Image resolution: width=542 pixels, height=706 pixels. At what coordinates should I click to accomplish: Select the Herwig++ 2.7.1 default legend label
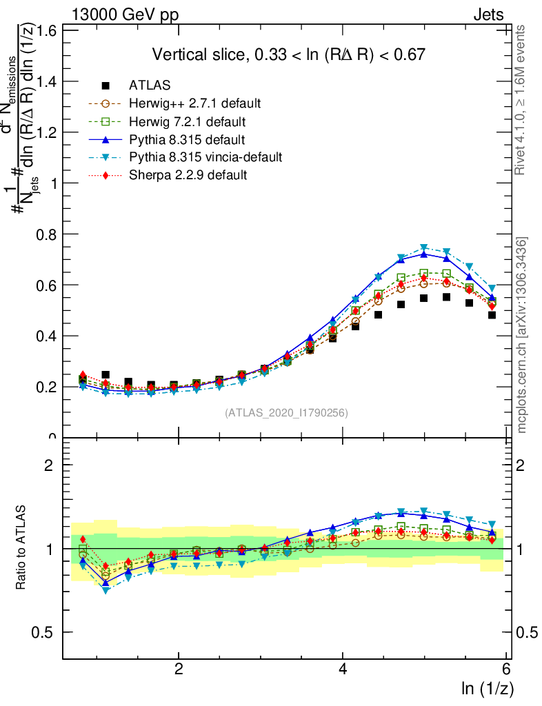(x=194, y=103)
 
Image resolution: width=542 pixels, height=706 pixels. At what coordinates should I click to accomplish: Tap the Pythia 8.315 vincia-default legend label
(x=205, y=157)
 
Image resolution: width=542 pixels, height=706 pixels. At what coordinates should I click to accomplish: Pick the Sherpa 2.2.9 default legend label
(x=188, y=175)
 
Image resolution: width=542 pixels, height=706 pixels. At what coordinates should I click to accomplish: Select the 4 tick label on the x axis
(x=343, y=669)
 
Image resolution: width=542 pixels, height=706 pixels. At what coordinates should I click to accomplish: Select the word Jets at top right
(x=488, y=14)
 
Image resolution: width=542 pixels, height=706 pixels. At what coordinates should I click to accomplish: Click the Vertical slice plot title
(x=288, y=54)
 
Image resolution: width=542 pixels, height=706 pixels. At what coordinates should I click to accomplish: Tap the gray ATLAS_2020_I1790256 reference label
(x=286, y=413)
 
